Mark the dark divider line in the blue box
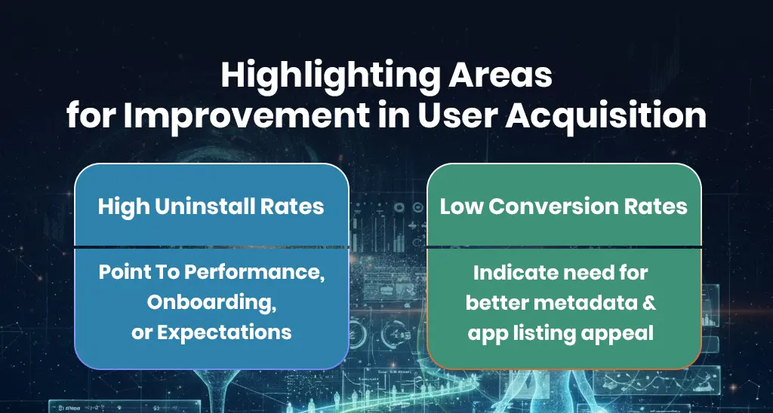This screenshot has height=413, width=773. (x=211, y=246)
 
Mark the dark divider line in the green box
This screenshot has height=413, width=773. (x=564, y=246)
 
